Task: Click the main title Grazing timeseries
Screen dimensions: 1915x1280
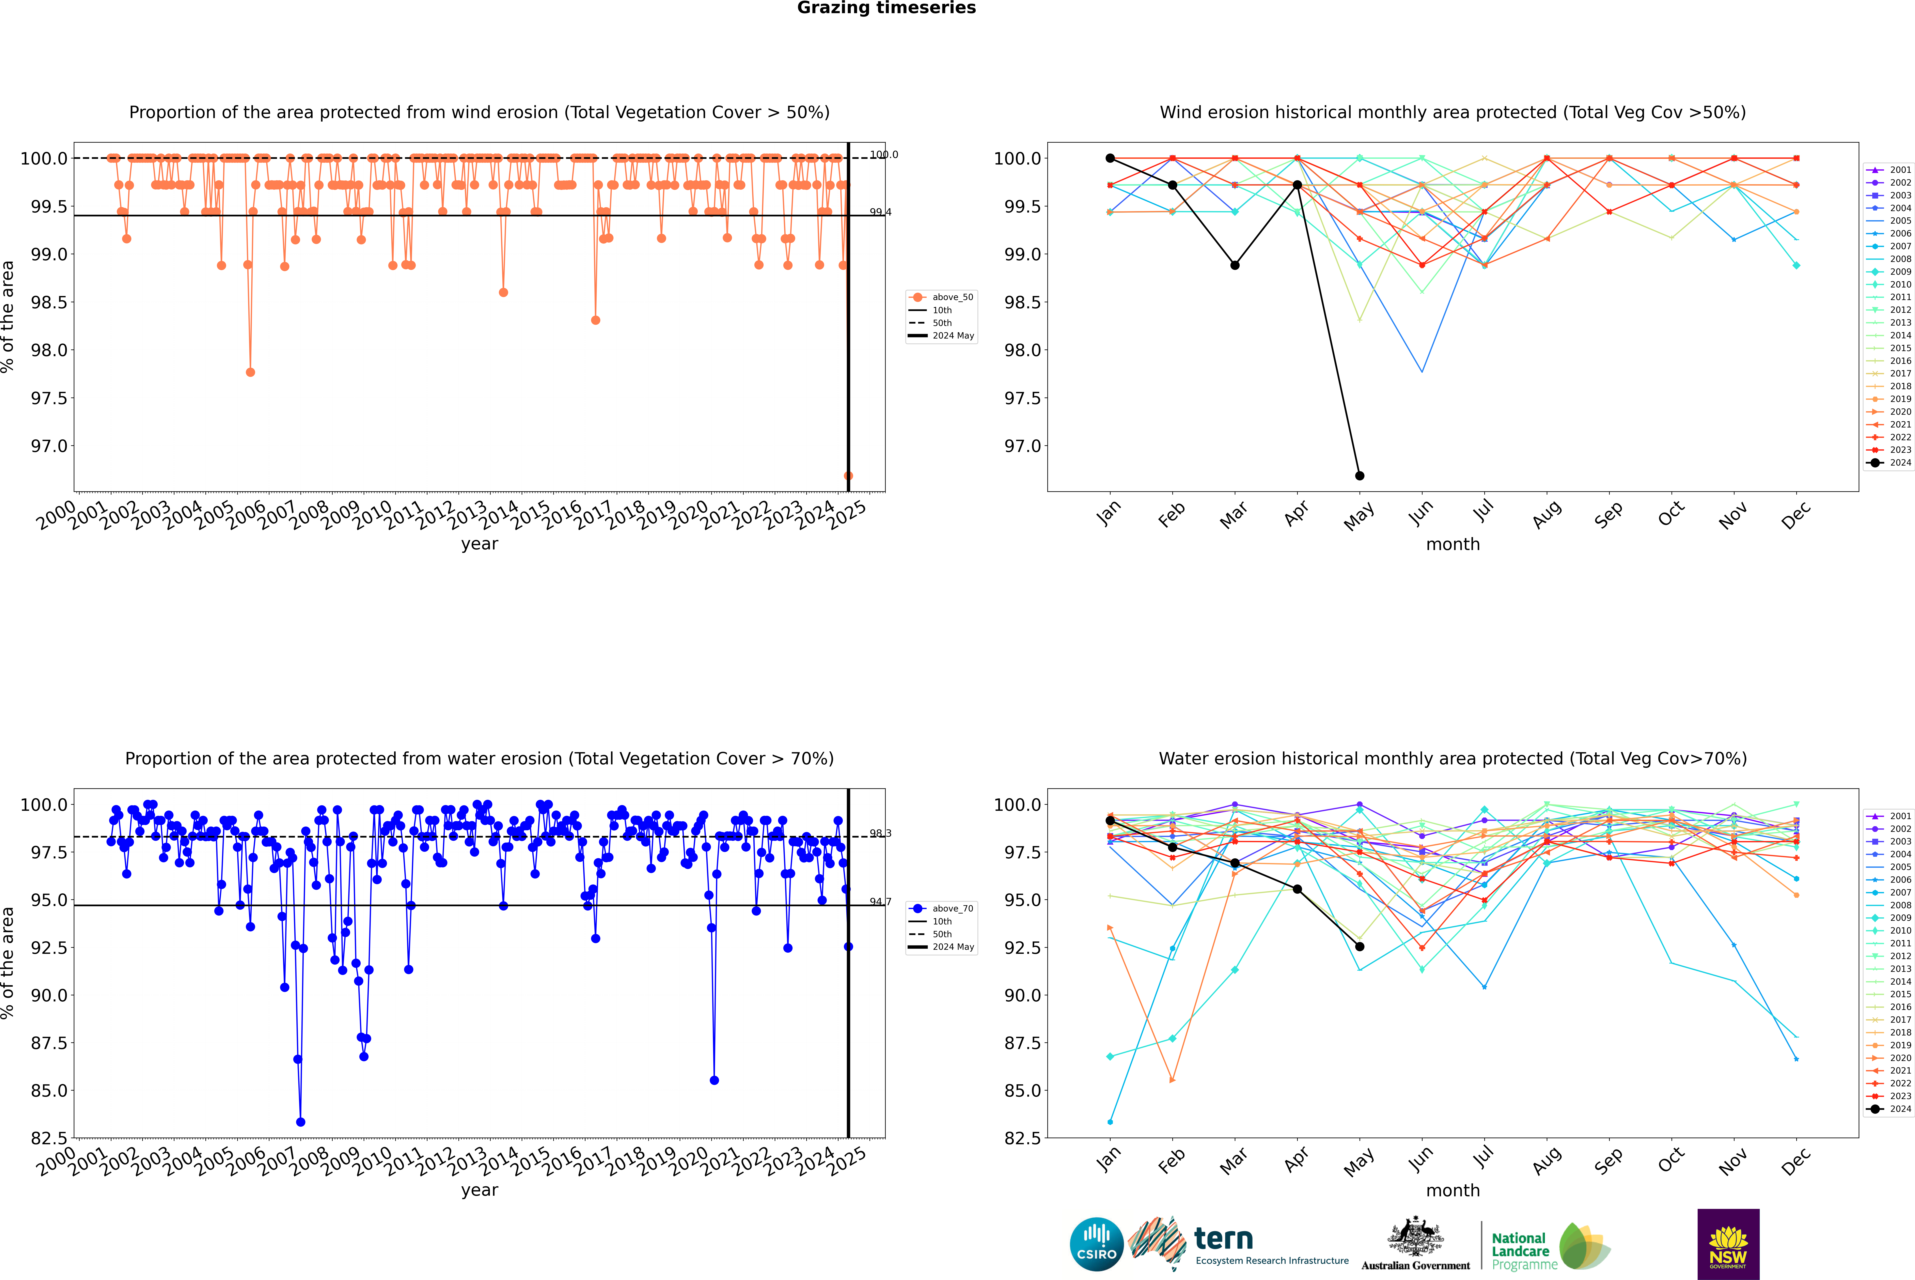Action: (886, 8)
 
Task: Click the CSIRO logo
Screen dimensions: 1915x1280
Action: (1096, 1244)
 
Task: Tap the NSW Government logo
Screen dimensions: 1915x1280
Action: (1728, 1244)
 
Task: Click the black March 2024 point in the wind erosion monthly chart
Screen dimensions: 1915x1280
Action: (1234, 265)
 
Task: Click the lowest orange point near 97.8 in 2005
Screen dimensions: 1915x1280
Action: (251, 372)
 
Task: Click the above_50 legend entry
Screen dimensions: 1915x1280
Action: (941, 297)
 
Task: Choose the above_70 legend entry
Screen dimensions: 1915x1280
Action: (941, 909)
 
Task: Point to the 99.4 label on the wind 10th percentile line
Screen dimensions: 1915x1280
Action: (880, 212)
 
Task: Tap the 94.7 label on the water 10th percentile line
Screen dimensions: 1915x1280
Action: (880, 902)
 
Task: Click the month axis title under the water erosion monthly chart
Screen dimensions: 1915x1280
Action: (1453, 1190)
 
